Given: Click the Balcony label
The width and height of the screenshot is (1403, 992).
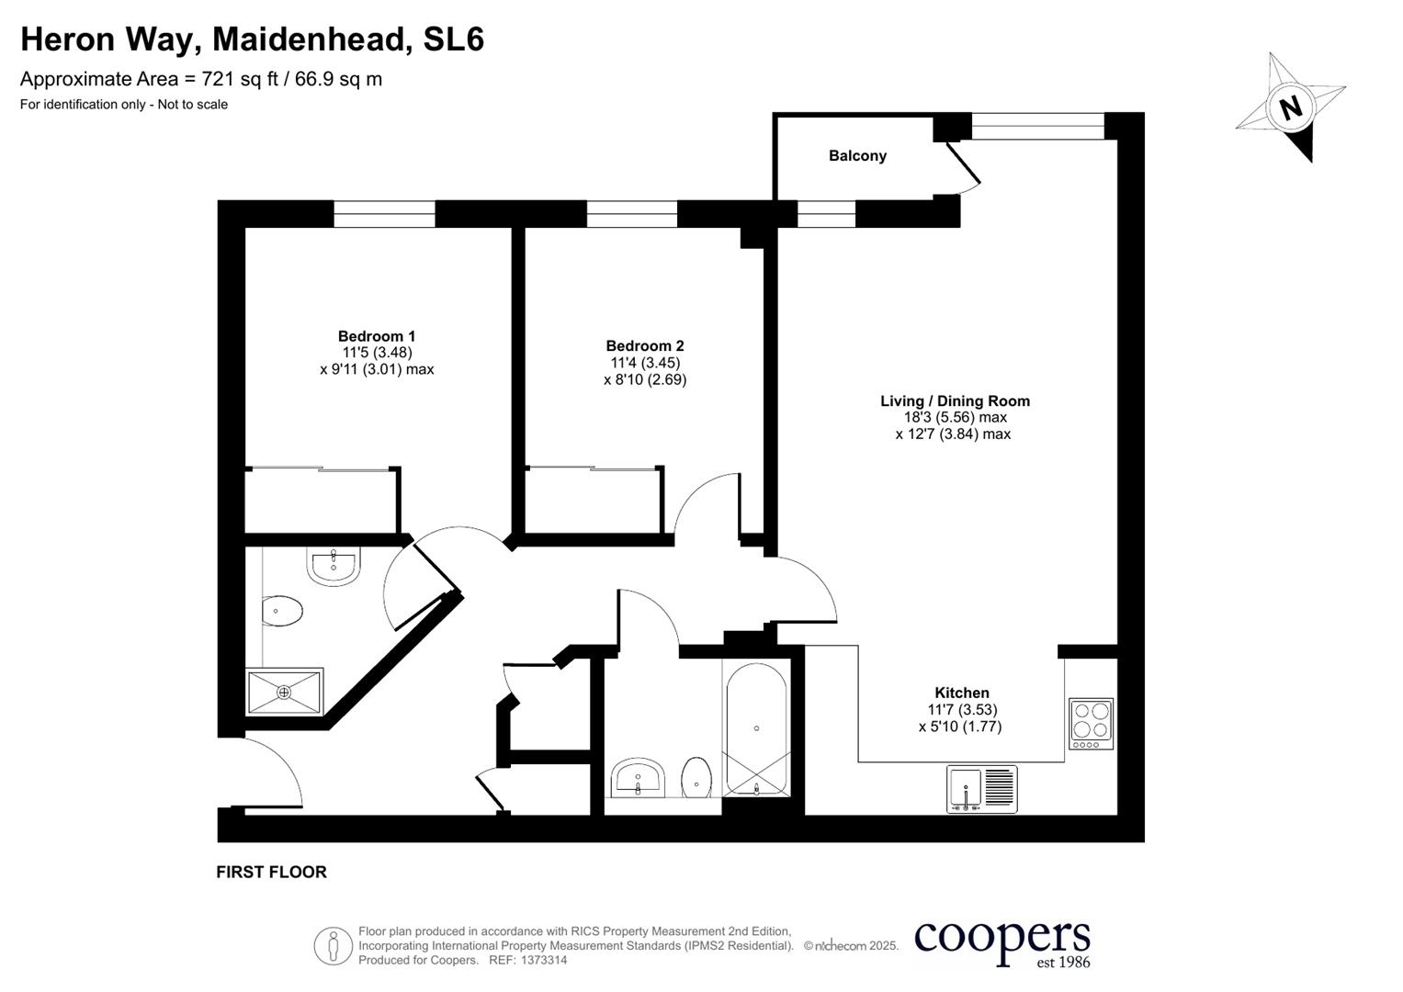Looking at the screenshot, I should (857, 156).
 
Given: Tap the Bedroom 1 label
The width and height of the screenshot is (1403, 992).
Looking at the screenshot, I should (377, 336).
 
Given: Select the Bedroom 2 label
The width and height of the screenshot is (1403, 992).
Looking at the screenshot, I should (644, 346).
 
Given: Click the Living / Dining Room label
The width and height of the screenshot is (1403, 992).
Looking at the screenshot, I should (955, 401).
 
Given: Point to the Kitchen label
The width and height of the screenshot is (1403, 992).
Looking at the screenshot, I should (961, 693).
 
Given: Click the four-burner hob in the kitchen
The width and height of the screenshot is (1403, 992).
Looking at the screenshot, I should (1091, 723).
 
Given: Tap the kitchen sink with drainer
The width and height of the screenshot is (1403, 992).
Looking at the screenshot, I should (981, 789).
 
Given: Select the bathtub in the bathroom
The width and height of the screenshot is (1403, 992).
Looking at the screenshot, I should (755, 729).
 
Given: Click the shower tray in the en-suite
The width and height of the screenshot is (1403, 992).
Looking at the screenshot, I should (285, 691).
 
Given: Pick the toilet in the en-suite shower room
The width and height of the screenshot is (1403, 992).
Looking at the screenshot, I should (282, 611).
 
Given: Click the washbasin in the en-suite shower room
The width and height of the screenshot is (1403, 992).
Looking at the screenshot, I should (334, 566).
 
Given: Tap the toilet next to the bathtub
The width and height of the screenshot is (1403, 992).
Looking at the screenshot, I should (696, 779).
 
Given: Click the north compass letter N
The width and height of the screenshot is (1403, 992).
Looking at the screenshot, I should (1291, 107).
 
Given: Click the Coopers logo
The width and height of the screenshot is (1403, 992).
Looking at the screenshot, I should (1001, 942).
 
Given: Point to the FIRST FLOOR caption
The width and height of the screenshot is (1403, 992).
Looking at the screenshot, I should (271, 872).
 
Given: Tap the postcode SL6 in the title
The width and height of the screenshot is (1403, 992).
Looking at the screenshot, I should (453, 39).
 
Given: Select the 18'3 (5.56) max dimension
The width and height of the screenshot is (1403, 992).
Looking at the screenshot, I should (955, 417).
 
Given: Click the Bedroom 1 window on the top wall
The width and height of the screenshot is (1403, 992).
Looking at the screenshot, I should (384, 214).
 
